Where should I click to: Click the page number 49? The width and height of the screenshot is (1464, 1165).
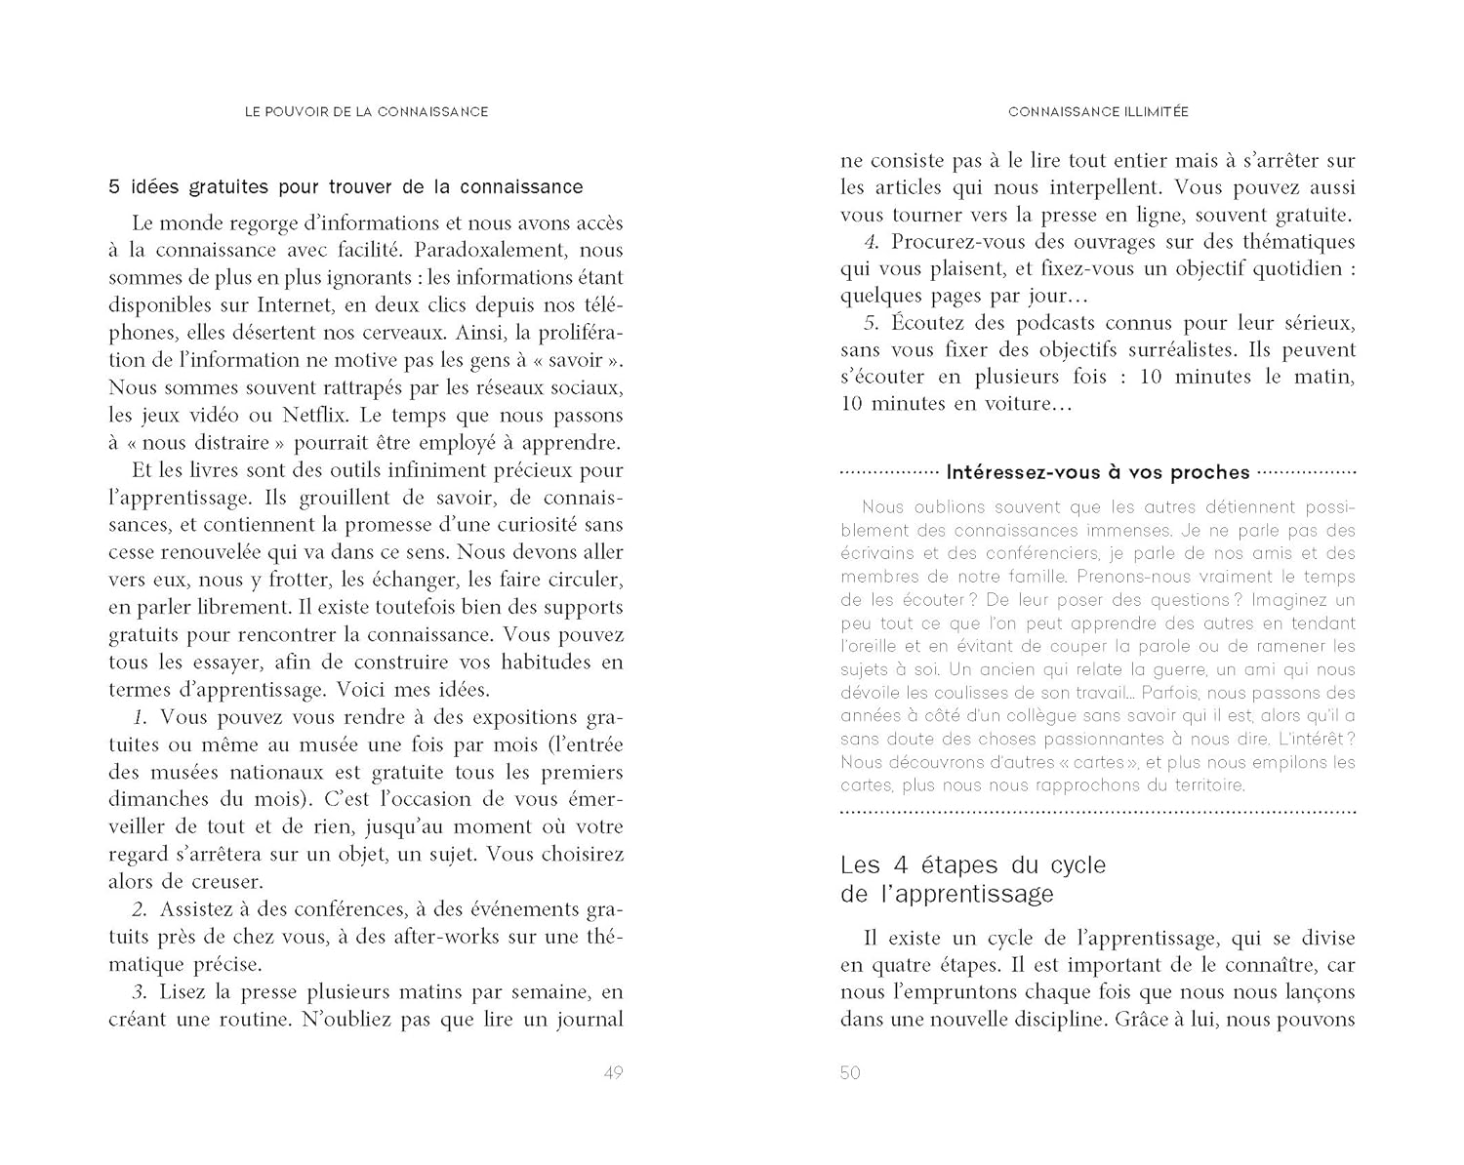613,1073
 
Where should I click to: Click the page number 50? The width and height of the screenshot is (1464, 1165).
850,1073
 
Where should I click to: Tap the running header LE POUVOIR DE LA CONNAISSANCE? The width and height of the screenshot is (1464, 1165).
366,112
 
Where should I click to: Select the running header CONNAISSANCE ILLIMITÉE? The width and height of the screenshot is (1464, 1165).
1098,112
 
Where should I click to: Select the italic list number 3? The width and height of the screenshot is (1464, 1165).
140,992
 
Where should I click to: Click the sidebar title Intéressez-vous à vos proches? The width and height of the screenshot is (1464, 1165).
1098,473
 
